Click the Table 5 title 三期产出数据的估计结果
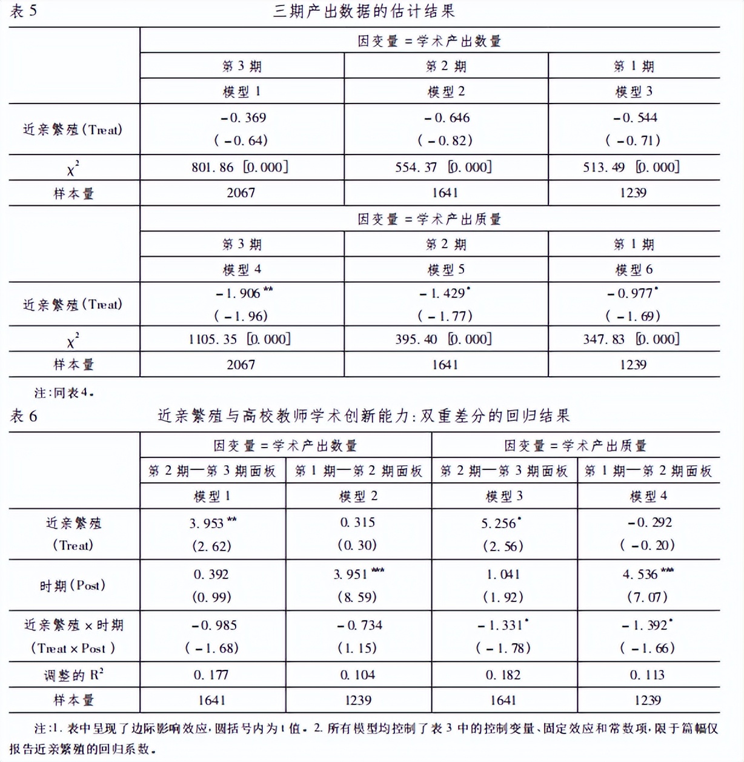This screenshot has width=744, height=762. coord(364,11)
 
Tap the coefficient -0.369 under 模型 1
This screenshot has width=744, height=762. coord(243,118)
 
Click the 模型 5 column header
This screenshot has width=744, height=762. coord(446,270)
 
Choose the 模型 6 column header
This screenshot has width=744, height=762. coord(634,270)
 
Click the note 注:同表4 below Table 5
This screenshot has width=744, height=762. coord(64,393)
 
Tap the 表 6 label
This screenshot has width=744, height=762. coord(24,416)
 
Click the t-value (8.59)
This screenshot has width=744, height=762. coord(357,597)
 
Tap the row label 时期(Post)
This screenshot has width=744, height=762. coord(73,585)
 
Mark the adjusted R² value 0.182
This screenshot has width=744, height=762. coord(503,675)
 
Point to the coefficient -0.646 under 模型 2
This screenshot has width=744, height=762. coord(447,118)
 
